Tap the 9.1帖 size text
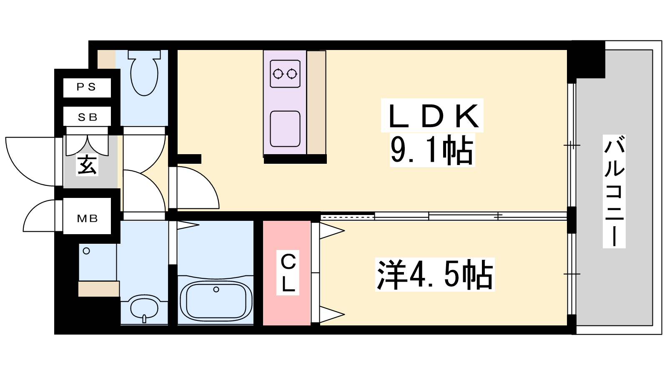pyautogui.click(x=432, y=150)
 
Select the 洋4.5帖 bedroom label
pyautogui.click(x=435, y=275)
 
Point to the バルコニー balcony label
pyautogui.click(x=614, y=191)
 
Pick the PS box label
pyautogui.click(x=86, y=87)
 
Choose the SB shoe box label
pyautogui.click(x=88, y=117)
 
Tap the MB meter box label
pyautogui.click(x=87, y=219)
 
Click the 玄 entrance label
pyautogui.click(x=87, y=165)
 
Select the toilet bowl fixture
pyautogui.click(x=144, y=73)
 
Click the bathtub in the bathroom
pyautogui.click(x=216, y=300)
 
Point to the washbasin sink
pyautogui.click(x=144, y=308)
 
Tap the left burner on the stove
pyautogui.click(x=278, y=73)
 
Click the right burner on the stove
pyautogui.click(x=292, y=73)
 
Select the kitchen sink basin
pyautogui.click(x=285, y=129)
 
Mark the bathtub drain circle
pyautogui.click(x=216, y=289)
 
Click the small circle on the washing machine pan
pyautogui.click(x=86, y=251)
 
